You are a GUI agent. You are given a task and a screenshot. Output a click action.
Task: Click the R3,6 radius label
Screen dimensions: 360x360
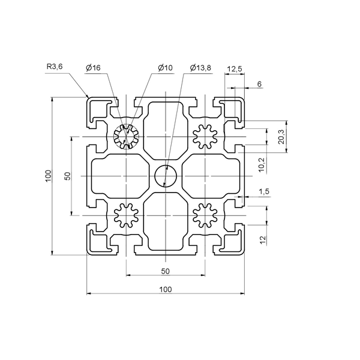click(55, 67)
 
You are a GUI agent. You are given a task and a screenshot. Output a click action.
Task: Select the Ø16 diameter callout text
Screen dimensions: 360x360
click(93, 67)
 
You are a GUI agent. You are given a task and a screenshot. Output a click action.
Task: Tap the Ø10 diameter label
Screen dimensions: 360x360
click(165, 67)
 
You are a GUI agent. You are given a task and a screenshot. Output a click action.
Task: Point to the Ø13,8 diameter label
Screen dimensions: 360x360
click(200, 67)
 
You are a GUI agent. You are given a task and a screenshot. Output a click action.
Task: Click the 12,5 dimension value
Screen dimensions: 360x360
click(235, 69)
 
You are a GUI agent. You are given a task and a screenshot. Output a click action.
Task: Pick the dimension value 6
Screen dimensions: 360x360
click(259, 84)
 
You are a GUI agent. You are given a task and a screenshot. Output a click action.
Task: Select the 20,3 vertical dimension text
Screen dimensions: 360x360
click(281, 137)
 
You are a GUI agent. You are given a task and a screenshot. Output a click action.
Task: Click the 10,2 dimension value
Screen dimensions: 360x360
click(262, 165)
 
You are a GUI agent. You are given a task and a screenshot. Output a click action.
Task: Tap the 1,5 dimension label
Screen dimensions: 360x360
click(264, 191)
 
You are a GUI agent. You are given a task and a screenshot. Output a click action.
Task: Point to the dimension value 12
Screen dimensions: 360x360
click(263, 240)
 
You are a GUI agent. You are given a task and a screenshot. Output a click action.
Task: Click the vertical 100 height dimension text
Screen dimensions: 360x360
click(48, 176)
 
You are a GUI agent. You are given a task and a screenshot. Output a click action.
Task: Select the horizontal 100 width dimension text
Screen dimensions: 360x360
click(166, 290)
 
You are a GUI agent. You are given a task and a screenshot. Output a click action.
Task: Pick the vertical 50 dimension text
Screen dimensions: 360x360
click(68, 176)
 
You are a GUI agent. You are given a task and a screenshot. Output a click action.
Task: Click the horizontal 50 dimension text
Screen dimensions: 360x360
click(166, 271)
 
